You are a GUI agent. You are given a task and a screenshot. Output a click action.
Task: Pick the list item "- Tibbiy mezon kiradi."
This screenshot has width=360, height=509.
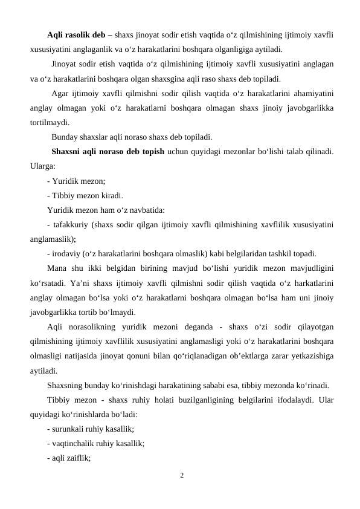(85, 195)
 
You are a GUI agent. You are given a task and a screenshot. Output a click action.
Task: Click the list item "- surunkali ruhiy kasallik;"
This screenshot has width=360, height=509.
(90, 429)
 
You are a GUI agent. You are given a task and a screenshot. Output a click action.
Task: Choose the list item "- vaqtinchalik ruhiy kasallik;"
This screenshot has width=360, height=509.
(95, 443)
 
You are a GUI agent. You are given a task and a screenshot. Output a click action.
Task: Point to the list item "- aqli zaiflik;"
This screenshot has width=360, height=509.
(68, 458)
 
